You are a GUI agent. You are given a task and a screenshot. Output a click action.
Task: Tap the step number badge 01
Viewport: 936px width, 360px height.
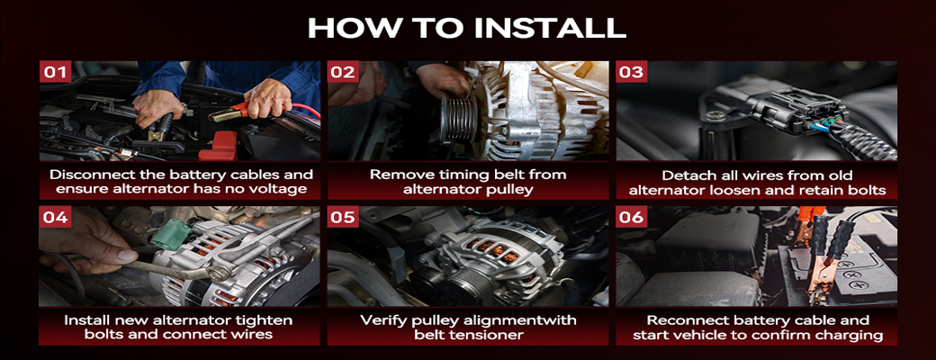(55, 72)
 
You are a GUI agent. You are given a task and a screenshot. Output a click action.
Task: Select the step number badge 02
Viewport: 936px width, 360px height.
(343, 72)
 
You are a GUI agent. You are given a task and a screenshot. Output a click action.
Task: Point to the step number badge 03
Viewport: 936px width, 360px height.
(632, 72)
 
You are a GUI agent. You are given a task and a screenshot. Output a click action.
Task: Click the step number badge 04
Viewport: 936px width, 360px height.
(55, 217)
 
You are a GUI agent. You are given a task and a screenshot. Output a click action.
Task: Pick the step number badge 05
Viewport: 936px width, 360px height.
(343, 217)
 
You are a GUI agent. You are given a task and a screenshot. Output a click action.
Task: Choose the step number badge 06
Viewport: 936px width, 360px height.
(632, 217)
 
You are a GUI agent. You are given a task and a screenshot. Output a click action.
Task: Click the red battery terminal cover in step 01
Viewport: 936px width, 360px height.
(218, 147)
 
